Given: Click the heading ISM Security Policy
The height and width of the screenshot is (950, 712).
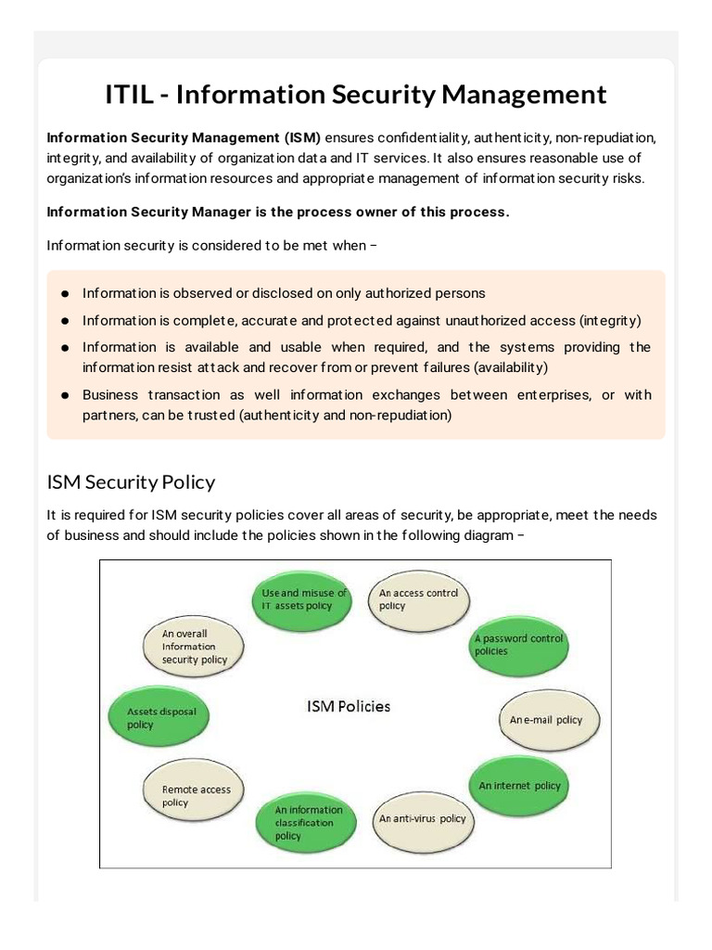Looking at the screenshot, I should pos(131,482).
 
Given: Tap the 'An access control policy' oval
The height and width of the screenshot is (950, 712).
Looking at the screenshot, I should pos(419,599).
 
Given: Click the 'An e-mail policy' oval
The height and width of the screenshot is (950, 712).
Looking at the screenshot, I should pos(549,720).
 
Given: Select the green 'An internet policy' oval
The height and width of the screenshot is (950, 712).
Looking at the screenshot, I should pos(519,786).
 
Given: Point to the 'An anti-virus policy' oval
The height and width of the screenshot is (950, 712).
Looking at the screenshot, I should pos(422,818).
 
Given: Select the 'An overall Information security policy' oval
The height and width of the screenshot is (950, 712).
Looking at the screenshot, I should pos(194,647).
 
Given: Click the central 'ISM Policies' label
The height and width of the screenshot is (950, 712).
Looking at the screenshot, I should pos(348,706).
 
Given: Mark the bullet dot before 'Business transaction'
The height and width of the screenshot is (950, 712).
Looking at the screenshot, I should pos(66,395).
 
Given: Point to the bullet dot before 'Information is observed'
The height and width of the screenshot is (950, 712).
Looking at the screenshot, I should pos(66,293).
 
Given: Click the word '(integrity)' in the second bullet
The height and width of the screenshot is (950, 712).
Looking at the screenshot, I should pos(610,320).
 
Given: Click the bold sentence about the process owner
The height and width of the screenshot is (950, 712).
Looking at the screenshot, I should pos(278,212).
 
